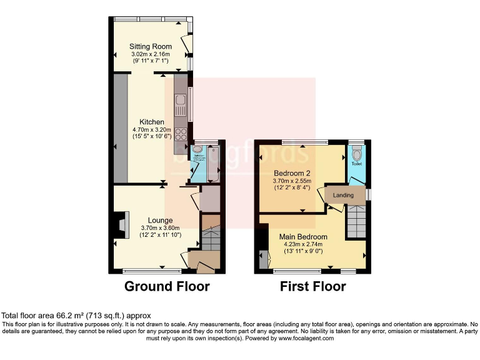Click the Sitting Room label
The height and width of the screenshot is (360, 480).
click(151, 46)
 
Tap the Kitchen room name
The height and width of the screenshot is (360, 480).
click(152, 122)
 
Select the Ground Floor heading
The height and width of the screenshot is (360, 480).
click(167, 287)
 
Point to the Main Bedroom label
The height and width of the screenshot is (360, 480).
click(303, 237)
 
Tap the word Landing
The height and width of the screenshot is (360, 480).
click(343, 195)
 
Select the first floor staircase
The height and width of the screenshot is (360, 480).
click(355, 221)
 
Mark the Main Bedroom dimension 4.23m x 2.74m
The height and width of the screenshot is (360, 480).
click(303, 244)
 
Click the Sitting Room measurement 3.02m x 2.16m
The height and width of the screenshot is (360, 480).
click(151, 54)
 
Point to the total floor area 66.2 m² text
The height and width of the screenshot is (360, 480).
click(76, 316)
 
